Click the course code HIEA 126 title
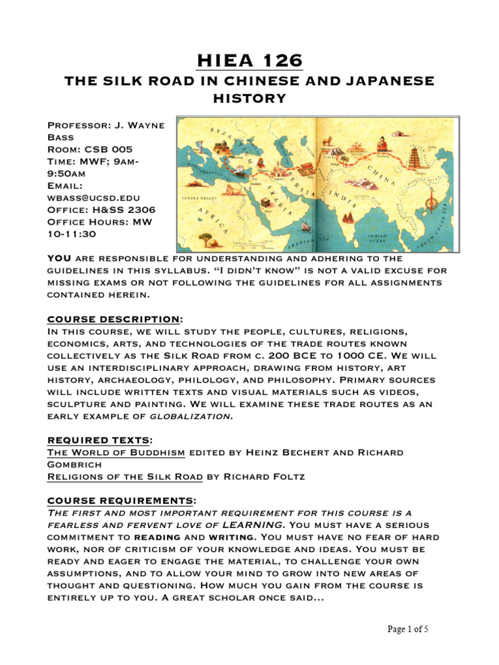249,60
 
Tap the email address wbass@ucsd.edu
94,197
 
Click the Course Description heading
113,319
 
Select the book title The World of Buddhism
116,452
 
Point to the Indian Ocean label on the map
377,237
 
